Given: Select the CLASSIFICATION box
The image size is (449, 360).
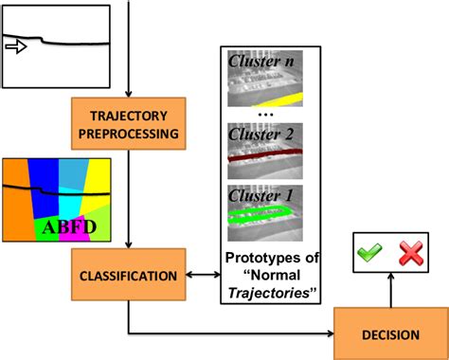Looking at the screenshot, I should coord(127,277).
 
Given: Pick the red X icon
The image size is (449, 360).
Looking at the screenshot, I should coord(409,253).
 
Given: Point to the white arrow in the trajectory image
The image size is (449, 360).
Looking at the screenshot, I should coord(18,44).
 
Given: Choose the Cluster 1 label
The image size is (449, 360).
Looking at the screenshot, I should coord(260,197).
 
